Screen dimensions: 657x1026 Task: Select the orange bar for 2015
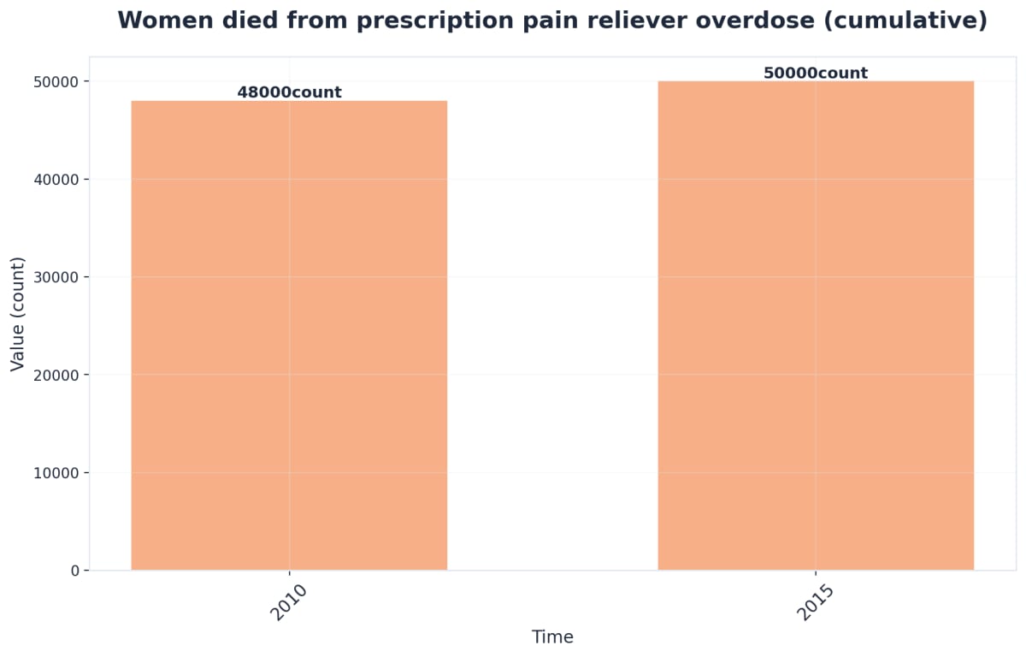tap(816, 325)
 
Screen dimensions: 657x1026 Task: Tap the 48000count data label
tap(289, 92)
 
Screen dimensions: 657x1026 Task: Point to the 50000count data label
tap(816, 74)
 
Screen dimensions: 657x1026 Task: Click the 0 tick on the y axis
tap(74, 571)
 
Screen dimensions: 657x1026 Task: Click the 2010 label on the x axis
tap(289, 603)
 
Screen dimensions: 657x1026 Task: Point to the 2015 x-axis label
tap(816, 603)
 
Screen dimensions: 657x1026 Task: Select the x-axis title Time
tap(552, 637)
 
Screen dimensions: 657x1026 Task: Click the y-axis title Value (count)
tap(17, 314)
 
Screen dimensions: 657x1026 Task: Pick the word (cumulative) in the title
tap(914, 21)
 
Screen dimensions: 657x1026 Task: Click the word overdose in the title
tap(771, 21)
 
